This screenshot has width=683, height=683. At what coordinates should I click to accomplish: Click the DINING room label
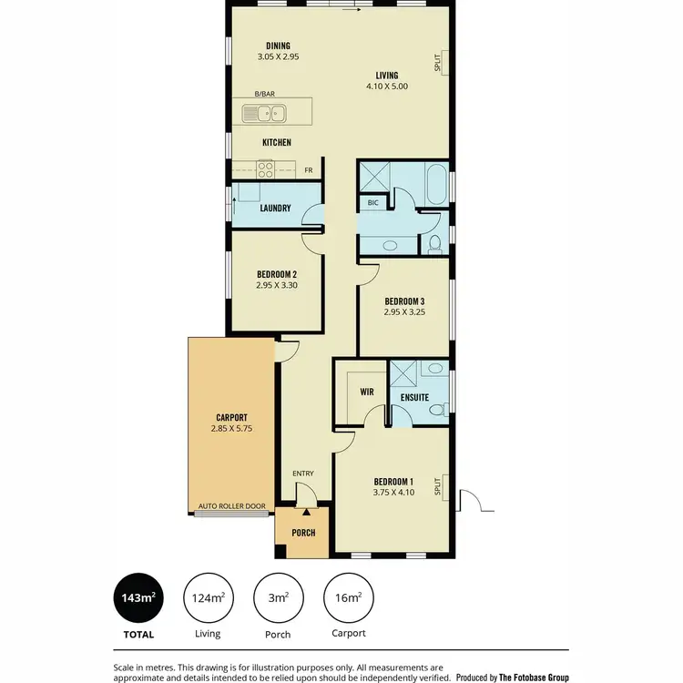click(x=278, y=45)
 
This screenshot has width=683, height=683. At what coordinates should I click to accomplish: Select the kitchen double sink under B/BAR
click(x=265, y=114)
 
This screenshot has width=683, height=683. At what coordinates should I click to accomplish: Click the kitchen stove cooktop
click(x=266, y=168)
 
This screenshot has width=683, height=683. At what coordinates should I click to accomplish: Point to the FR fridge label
click(x=309, y=170)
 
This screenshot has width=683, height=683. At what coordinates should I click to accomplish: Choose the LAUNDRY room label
click(x=275, y=208)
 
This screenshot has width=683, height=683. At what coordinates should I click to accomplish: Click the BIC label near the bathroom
click(x=373, y=202)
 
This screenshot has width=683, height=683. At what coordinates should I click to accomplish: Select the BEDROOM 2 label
click(x=276, y=274)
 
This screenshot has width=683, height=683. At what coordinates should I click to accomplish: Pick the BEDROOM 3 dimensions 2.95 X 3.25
click(x=404, y=312)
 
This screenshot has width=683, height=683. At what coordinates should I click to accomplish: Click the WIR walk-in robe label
click(x=367, y=392)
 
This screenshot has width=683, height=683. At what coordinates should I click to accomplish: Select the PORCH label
click(x=303, y=533)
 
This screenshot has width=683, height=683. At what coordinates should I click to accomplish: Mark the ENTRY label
click(x=303, y=474)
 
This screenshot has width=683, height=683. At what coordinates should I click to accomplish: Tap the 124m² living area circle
click(x=208, y=597)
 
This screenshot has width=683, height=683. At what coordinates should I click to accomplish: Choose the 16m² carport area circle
click(x=348, y=597)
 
